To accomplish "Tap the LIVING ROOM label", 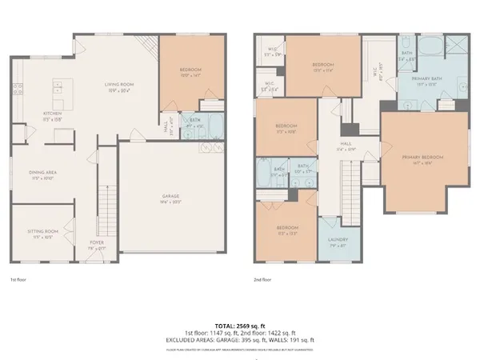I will (x=122, y=85).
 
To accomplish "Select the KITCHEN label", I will (x=30, y=114).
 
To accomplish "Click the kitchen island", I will (x=59, y=93).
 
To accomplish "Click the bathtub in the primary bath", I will (x=430, y=46).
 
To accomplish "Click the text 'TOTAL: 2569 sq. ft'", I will (x=240, y=326).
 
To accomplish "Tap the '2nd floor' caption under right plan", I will (x=263, y=280).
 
